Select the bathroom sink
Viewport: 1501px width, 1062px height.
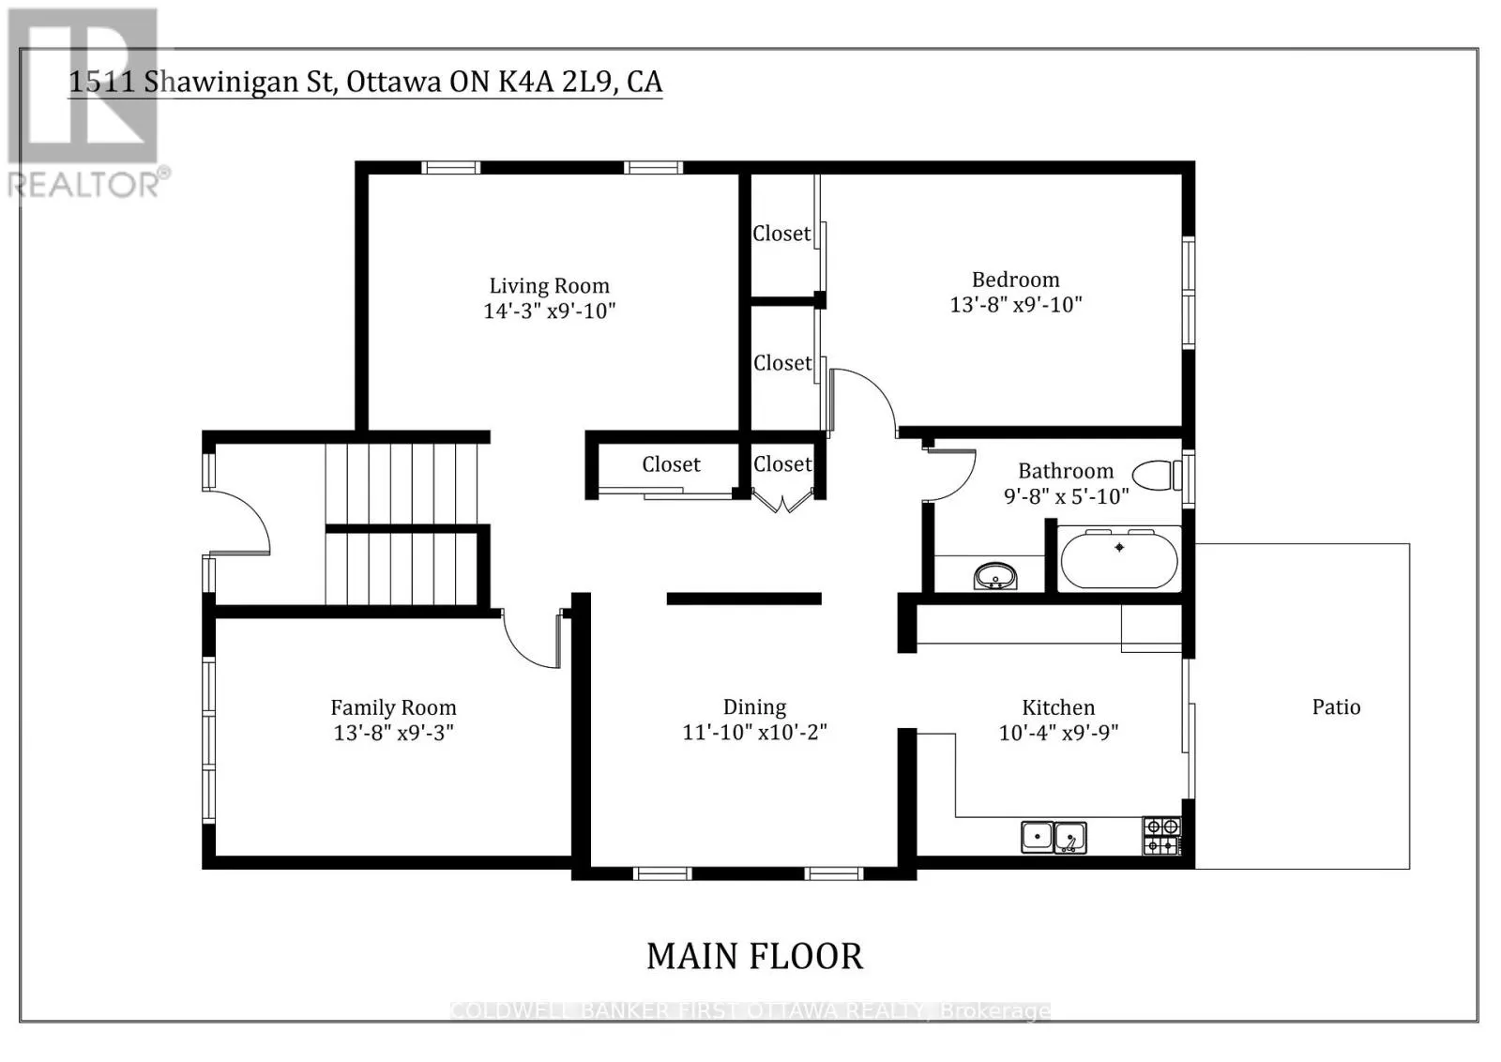(x=995, y=576)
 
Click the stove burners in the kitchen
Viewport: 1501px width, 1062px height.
(x=1161, y=836)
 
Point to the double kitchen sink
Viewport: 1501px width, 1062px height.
(x=1054, y=838)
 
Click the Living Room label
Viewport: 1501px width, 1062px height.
(x=550, y=286)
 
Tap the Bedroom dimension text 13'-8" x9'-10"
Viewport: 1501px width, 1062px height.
(x=1016, y=305)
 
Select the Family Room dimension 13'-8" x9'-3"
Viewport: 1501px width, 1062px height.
(x=394, y=733)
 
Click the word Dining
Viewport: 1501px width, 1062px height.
(x=754, y=707)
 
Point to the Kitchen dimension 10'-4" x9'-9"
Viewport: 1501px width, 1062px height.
(x=1059, y=733)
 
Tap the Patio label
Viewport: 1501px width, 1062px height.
(x=1336, y=706)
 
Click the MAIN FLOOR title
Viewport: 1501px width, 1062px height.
(x=754, y=956)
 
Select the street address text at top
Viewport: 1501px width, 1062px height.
(x=366, y=82)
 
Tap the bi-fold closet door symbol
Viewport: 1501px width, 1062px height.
(x=782, y=501)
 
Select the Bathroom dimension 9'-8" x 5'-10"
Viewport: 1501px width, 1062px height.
(x=1066, y=496)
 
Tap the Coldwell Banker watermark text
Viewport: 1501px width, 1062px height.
(x=750, y=1010)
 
